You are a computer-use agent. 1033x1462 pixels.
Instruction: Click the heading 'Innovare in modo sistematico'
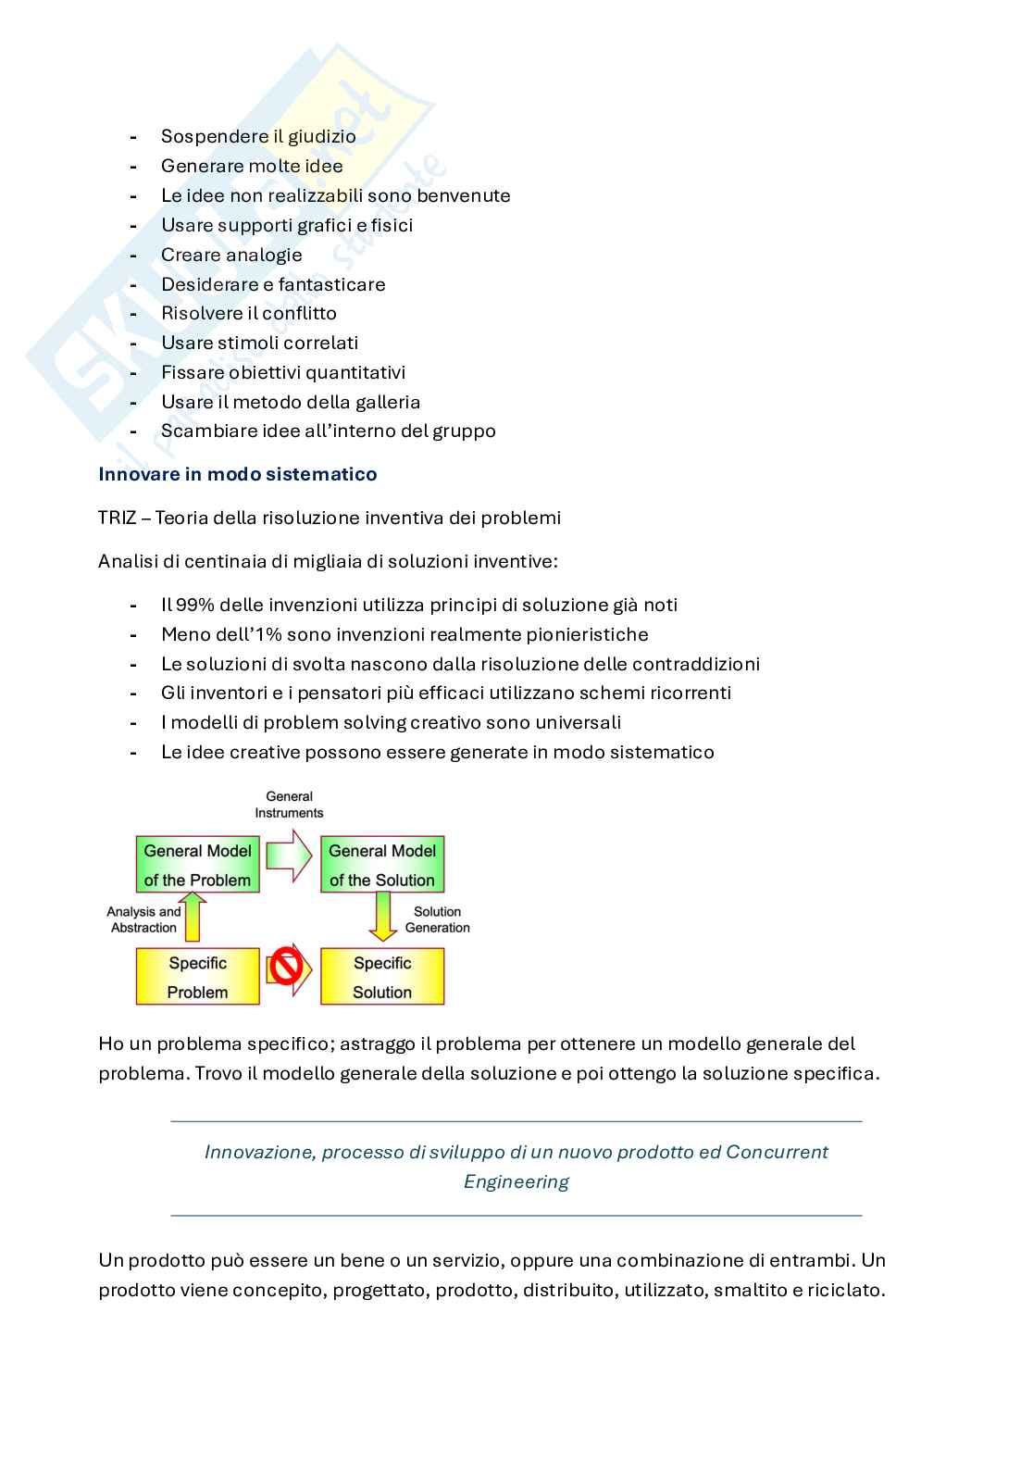(237, 474)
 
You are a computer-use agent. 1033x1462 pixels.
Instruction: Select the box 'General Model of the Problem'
(197, 865)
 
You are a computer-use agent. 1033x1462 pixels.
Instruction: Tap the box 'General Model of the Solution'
(381, 865)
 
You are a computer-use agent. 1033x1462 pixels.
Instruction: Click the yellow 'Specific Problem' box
(197, 977)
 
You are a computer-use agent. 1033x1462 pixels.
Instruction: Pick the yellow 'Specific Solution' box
(381, 977)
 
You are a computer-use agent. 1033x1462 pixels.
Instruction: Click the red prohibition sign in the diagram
(286, 969)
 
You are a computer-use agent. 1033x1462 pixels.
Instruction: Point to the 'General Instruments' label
(289, 805)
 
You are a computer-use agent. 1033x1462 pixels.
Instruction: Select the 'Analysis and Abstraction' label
(143, 919)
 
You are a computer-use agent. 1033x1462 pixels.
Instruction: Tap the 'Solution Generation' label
(437, 919)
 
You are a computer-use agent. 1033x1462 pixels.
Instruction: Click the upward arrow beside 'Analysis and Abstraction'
(193, 916)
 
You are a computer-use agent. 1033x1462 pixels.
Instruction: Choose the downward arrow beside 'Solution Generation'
(382, 916)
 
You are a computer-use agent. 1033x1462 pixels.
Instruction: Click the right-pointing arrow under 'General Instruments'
(289, 855)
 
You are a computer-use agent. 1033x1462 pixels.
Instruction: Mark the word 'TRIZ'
(117, 518)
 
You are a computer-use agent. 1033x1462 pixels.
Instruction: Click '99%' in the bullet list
(193, 605)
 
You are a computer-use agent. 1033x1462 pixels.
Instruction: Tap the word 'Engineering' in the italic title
(516, 1181)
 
